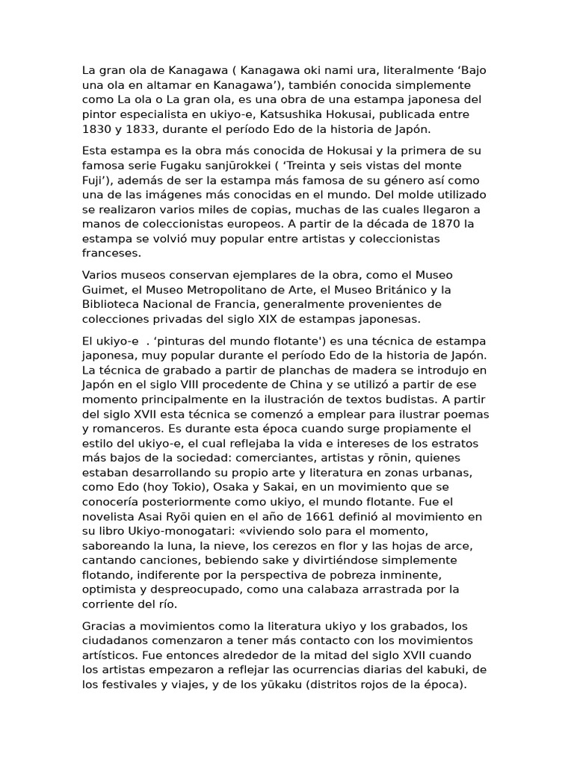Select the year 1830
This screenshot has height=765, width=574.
point(96,129)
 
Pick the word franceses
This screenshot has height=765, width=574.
point(111,253)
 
